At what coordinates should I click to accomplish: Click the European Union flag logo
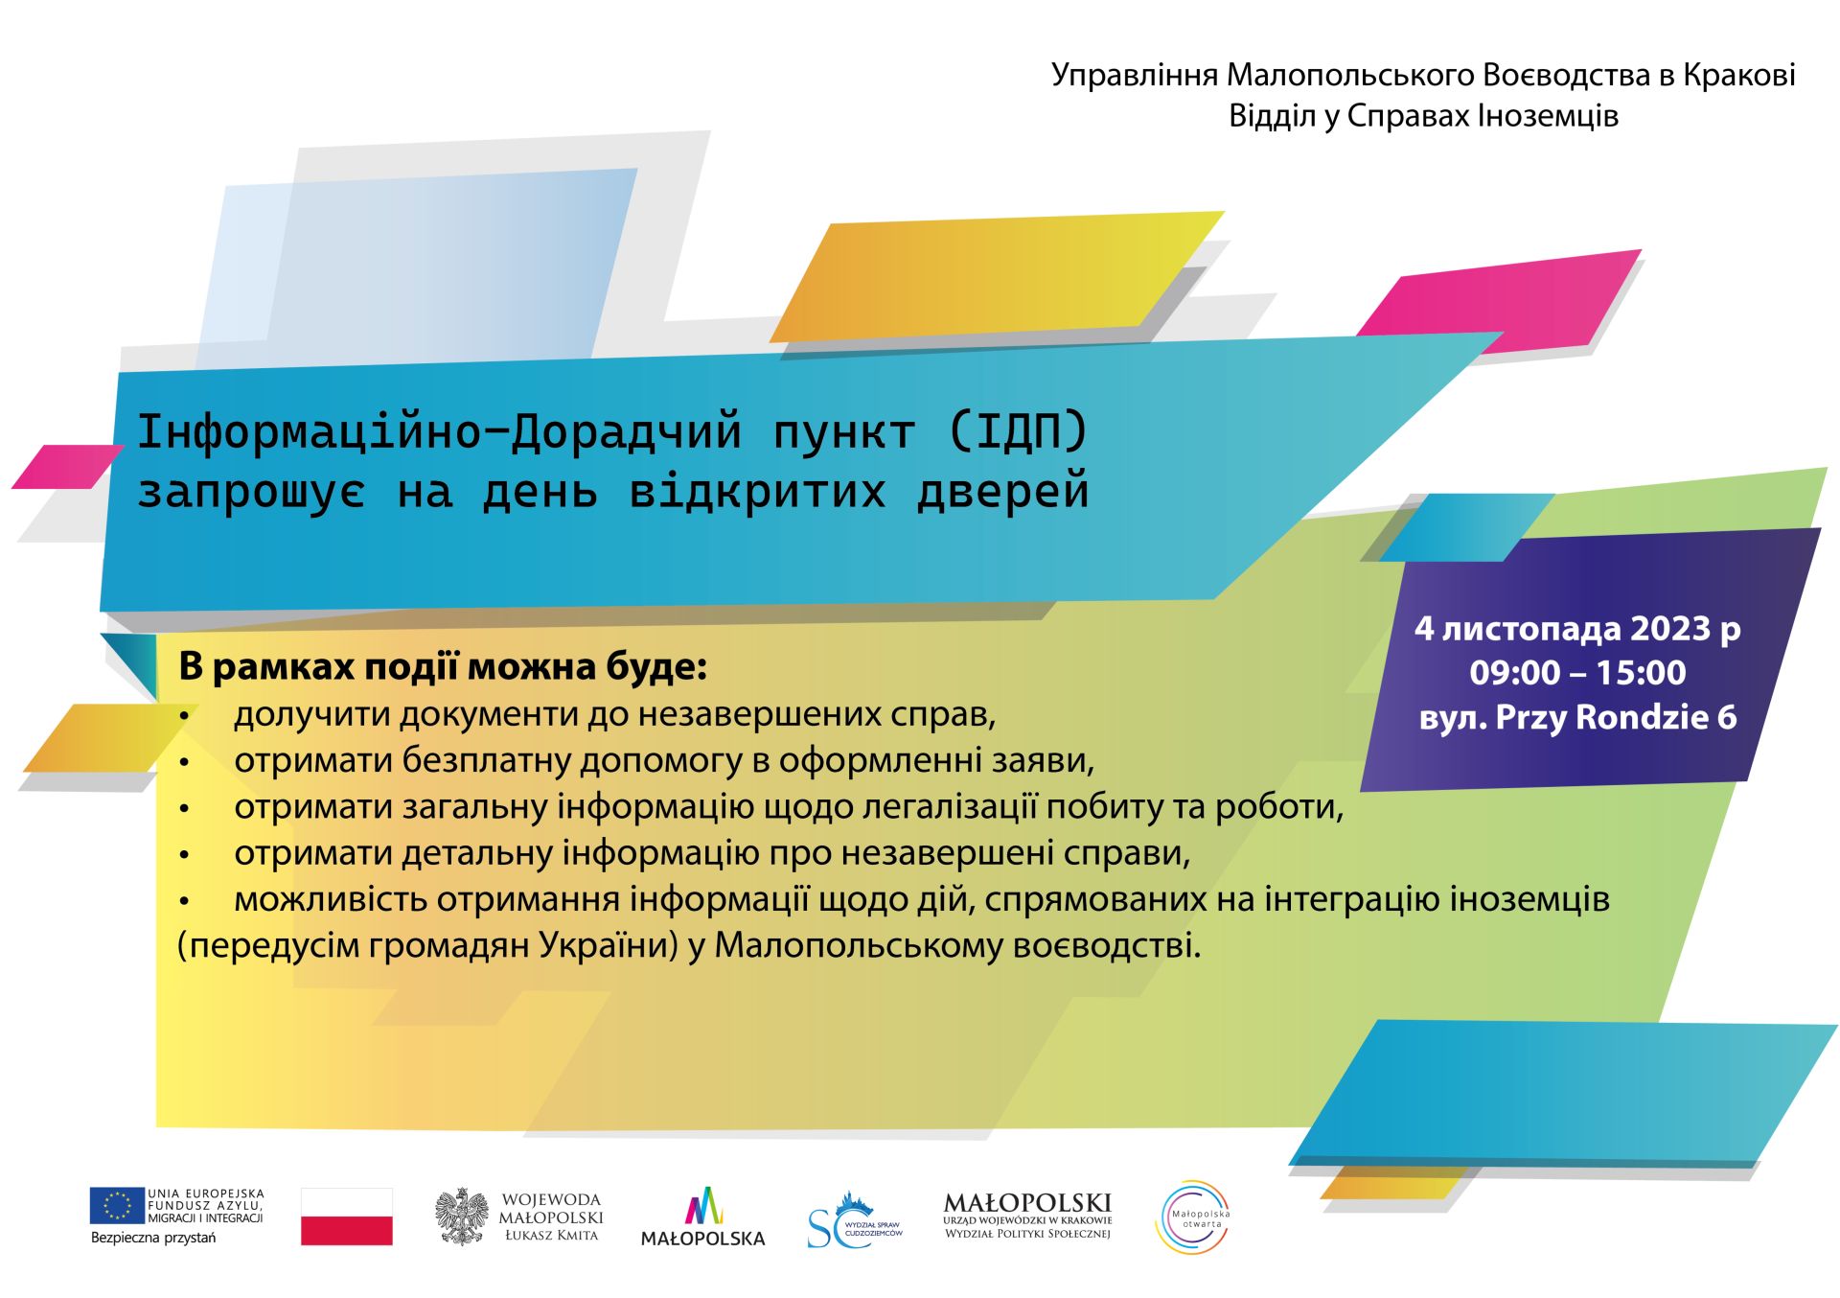(117, 1205)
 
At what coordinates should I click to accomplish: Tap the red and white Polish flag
(347, 1217)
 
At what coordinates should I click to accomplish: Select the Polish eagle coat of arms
(462, 1217)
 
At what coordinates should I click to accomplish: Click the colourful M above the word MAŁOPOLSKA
(703, 1205)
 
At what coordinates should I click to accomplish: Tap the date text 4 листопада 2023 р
(1577, 629)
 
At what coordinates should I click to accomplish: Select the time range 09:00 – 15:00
(1577, 673)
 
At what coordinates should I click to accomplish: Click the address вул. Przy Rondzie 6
(1577, 717)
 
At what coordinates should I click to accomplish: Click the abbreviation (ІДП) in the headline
(1018, 431)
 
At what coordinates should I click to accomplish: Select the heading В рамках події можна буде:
(443, 666)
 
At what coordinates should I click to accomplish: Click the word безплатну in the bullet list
(487, 760)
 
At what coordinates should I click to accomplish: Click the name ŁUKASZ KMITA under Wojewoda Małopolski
(552, 1236)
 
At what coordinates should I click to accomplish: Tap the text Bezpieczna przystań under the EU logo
(153, 1238)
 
